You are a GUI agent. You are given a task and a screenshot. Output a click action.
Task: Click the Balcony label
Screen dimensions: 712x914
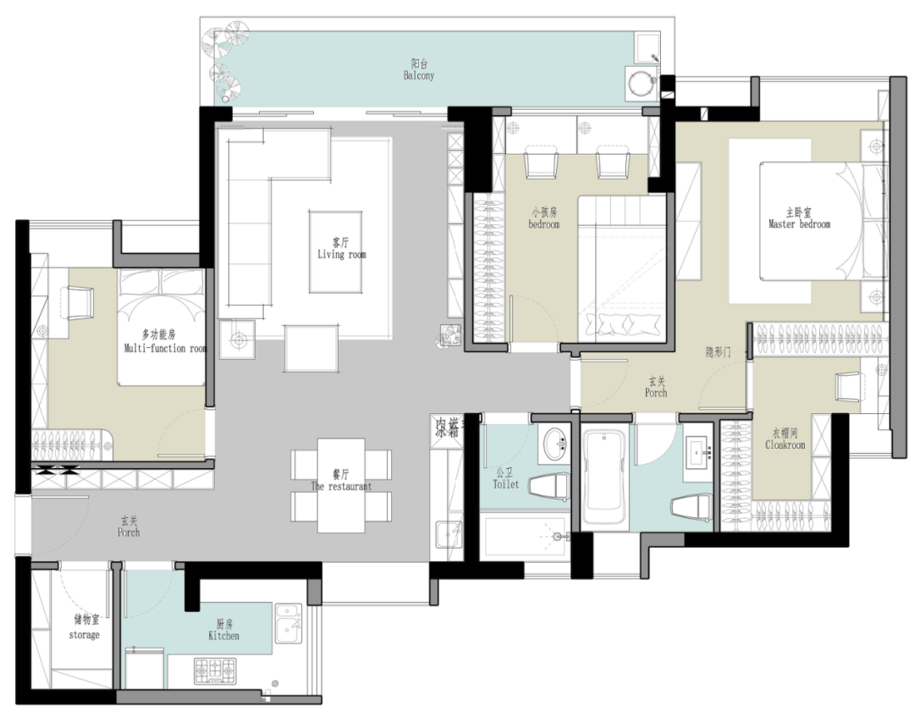point(418,70)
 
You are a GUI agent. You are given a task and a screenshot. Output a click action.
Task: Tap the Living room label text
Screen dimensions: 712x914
point(342,248)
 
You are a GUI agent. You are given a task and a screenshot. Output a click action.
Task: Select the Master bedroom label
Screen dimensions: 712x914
point(799,218)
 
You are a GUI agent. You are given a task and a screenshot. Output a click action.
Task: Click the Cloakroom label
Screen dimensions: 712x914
point(785,439)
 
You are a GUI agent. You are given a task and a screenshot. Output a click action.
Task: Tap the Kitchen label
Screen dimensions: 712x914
point(223,630)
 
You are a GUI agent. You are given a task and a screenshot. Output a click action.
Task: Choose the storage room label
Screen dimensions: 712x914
point(84,629)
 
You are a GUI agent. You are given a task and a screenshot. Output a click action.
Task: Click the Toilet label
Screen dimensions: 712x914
point(506,479)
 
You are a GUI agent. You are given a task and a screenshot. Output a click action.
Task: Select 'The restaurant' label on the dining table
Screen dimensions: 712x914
point(341,481)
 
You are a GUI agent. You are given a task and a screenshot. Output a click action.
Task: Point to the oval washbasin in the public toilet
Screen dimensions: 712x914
point(555,443)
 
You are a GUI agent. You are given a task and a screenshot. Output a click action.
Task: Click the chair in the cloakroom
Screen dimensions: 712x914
point(847,386)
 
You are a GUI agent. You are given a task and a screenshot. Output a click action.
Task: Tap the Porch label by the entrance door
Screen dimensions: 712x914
point(129,527)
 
